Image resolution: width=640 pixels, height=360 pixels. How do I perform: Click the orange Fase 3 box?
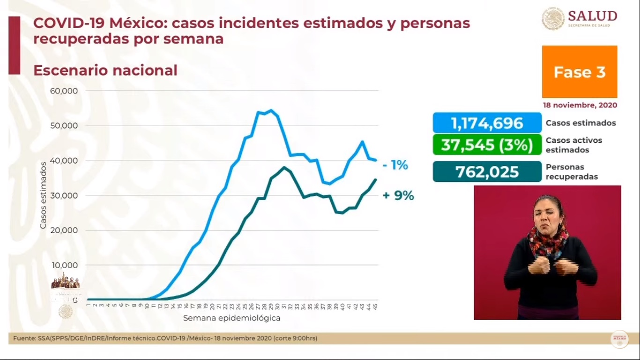click(x=580, y=72)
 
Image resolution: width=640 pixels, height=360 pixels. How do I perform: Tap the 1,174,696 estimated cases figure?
click(x=487, y=123)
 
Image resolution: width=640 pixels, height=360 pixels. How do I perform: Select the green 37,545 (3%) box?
click(x=487, y=145)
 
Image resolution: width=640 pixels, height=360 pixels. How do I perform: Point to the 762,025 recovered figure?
click(x=487, y=172)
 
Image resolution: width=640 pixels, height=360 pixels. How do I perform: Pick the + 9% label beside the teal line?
click(x=398, y=196)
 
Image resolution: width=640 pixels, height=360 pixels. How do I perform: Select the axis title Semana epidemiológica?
click(x=231, y=318)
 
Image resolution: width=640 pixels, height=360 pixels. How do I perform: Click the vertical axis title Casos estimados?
click(x=43, y=195)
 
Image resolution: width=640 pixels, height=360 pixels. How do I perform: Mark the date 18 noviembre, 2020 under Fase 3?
click(x=580, y=105)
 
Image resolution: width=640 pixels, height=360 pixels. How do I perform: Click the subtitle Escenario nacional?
click(x=105, y=71)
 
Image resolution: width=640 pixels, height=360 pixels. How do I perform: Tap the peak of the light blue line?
click(x=271, y=111)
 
